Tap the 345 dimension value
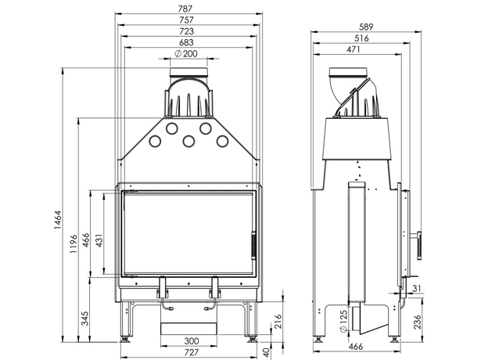pos(84,318)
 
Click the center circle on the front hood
pos(188,141)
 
